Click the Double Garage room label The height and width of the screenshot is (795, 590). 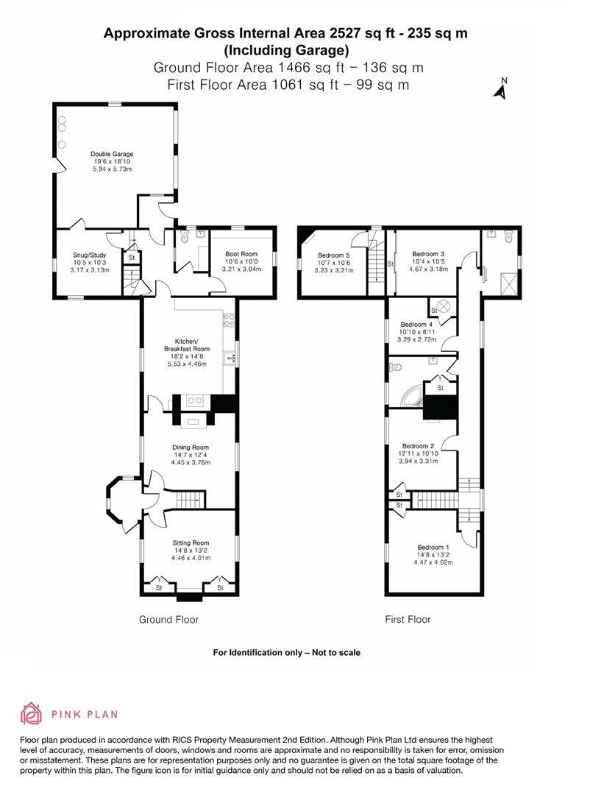pyautogui.click(x=112, y=154)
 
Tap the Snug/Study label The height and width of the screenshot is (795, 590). pyautogui.click(x=90, y=255)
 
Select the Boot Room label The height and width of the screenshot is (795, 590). pyautogui.click(x=241, y=254)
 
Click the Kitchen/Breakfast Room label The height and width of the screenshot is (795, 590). pyautogui.click(x=187, y=345)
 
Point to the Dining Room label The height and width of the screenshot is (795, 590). pyautogui.click(x=191, y=448)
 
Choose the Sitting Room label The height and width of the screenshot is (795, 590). pyautogui.click(x=191, y=543)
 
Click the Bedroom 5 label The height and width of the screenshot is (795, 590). pyautogui.click(x=334, y=255)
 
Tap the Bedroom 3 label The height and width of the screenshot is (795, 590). pyautogui.click(x=428, y=254)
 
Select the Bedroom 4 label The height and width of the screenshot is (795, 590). pyautogui.click(x=416, y=325)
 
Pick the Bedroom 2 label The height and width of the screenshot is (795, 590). pyautogui.click(x=418, y=446)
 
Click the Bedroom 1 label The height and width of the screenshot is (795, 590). pyautogui.click(x=433, y=548)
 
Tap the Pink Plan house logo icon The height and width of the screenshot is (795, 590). pyautogui.click(x=31, y=713)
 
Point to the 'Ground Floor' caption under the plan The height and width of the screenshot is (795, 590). pyautogui.click(x=168, y=620)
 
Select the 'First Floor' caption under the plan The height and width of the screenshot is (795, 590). pyautogui.click(x=408, y=620)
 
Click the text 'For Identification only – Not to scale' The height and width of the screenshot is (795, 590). pyautogui.click(x=286, y=652)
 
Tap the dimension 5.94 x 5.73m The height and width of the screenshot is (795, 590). pyautogui.click(x=112, y=169)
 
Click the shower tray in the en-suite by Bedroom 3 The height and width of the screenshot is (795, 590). pyautogui.click(x=509, y=283)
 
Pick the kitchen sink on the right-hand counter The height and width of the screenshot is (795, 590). pyautogui.click(x=232, y=358)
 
